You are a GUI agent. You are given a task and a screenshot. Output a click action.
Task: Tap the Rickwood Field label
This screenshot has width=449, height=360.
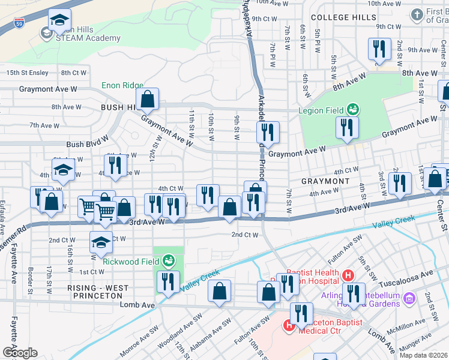pos(130,261)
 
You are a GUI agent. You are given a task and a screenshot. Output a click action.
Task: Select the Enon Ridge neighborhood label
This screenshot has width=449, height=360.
pos(122,86)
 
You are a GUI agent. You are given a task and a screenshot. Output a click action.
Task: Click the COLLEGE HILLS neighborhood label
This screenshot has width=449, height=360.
pos(343,17)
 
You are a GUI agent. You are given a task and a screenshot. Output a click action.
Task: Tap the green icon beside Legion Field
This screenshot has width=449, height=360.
pos(354,109)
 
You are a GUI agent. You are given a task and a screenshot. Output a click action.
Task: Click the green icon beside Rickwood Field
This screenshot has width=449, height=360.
pos(169,261)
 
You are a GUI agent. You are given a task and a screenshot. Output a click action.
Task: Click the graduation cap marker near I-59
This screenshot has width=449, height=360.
pos(59,22)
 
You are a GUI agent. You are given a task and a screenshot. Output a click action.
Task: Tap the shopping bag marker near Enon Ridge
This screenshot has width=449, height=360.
pos(147,99)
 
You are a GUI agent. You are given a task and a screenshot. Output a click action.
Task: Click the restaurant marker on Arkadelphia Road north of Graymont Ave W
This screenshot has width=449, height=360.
pos(268,133)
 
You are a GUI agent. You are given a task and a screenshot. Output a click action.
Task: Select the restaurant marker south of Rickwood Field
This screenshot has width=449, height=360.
pos(168,282)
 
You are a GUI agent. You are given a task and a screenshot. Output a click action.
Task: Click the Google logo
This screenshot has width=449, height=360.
pos(20,353)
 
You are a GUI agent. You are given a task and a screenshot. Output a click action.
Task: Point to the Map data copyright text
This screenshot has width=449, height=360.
pos(424,355)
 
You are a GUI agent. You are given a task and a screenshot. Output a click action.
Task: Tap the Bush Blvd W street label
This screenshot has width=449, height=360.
pos(87,145)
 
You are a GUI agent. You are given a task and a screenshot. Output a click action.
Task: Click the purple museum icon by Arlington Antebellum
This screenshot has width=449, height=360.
pos(410,298)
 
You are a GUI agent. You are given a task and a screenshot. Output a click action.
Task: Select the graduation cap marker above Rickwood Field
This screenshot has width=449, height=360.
pos(101,243)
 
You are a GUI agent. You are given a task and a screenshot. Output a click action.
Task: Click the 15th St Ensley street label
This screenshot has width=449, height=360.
pos(28,73)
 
